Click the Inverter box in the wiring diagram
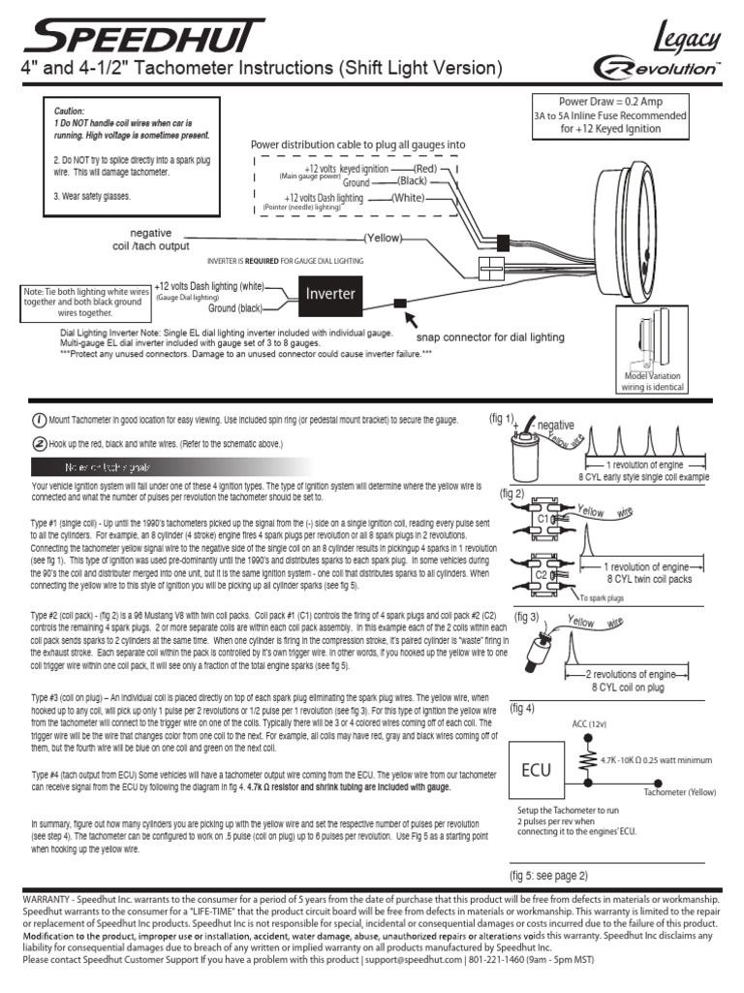[330, 293]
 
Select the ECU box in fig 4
[537, 771]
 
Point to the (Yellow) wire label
[383, 238]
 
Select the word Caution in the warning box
[69, 112]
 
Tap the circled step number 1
[38, 420]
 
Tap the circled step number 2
[38, 443]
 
